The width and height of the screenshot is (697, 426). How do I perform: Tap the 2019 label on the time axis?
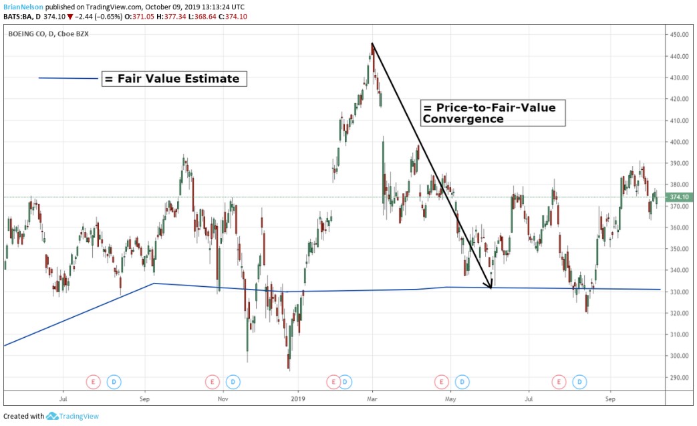(x=298, y=399)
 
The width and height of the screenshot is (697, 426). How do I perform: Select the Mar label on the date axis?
(x=372, y=399)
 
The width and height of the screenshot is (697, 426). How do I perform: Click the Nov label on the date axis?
(x=223, y=399)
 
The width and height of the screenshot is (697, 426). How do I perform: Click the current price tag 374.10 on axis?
(x=679, y=197)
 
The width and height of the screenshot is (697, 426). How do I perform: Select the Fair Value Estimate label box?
(x=174, y=79)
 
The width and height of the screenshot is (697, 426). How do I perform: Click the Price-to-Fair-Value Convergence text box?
(x=493, y=113)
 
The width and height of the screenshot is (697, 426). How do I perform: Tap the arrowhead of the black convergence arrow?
(x=490, y=286)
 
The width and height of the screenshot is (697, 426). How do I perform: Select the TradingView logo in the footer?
(x=73, y=416)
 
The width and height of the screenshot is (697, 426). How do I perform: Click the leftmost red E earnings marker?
(x=93, y=382)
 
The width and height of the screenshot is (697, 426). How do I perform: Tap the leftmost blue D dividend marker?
(x=113, y=382)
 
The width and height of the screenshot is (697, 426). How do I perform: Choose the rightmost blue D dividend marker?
(x=580, y=382)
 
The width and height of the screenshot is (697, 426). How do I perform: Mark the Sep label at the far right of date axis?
(x=609, y=399)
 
